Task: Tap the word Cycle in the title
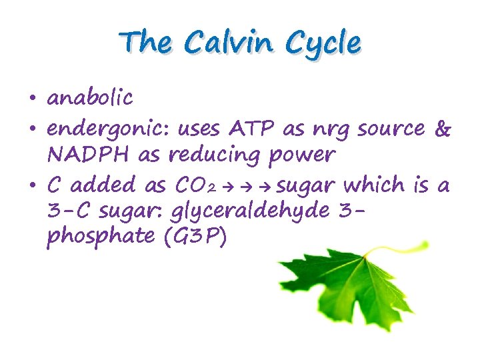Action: click(323, 45)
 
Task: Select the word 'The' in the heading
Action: click(145, 43)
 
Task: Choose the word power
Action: click(300, 156)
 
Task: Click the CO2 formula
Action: click(203, 185)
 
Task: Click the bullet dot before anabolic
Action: click(31, 99)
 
